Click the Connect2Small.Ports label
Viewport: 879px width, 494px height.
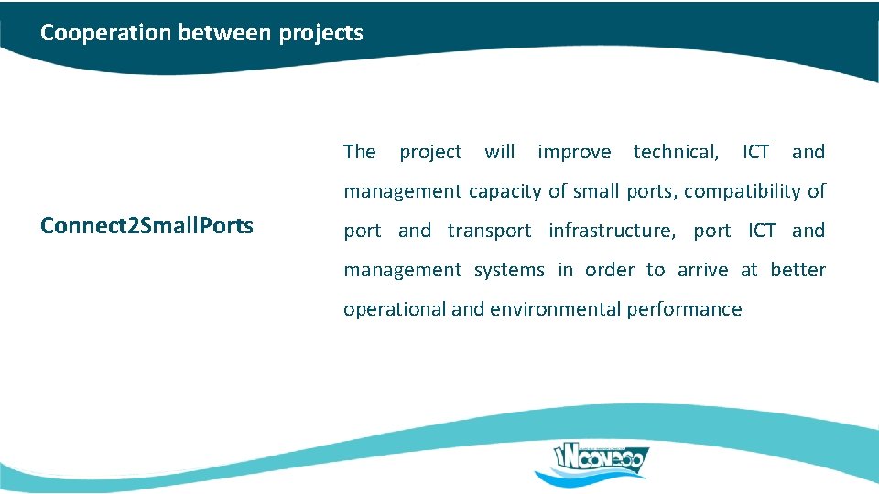(146, 226)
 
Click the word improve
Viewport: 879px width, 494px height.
(574, 152)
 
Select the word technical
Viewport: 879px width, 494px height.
(676, 152)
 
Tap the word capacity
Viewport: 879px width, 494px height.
(505, 191)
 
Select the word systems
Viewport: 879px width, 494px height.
(508, 270)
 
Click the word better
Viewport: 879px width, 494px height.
(798, 270)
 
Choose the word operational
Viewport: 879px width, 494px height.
(395, 309)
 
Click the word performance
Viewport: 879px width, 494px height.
(684, 309)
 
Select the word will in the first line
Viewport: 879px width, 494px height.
(499, 152)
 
